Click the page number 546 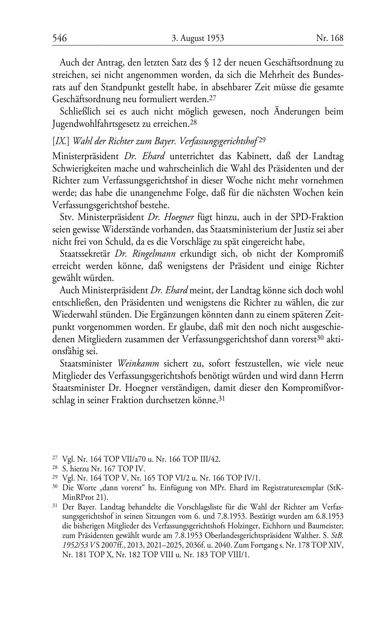pos(60,38)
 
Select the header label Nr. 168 pos(330,38)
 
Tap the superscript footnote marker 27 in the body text pos(212,98)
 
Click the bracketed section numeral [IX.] pos(61,141)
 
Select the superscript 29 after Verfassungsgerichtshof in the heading pos(262,140)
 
